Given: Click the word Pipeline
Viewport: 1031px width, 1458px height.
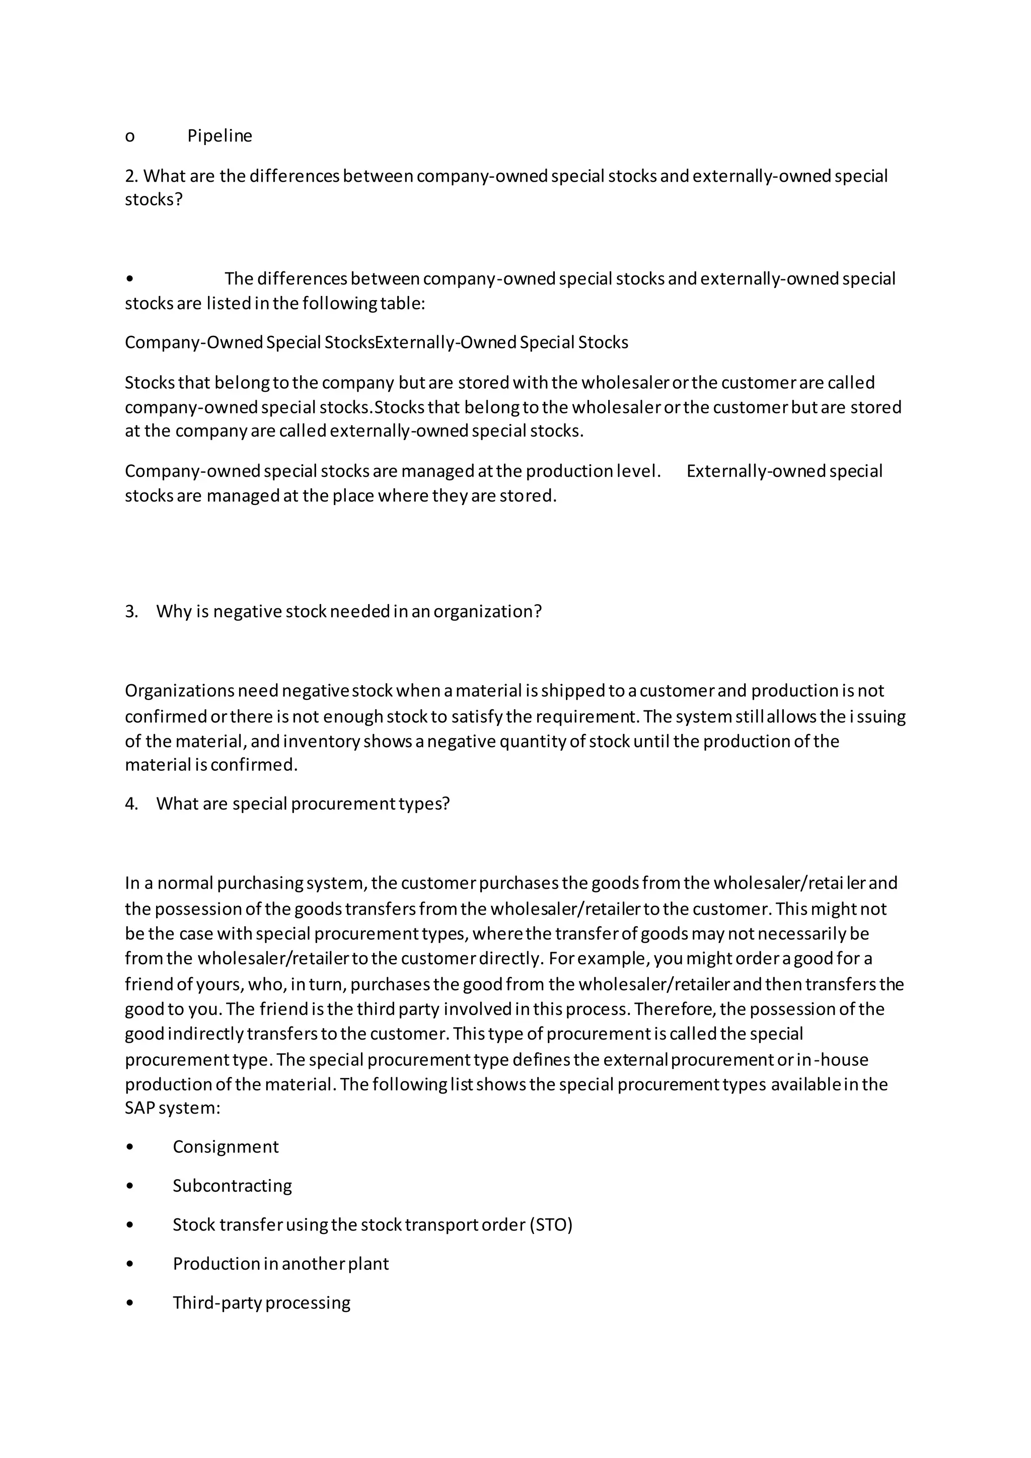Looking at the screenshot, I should [219, 136].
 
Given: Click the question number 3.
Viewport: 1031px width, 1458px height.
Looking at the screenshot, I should [131, 612].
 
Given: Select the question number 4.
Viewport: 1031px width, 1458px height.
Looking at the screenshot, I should [131, 804].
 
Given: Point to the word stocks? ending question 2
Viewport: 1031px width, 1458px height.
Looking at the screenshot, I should [154, 200].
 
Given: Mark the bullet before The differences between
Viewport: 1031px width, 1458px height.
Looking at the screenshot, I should [130, 279].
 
